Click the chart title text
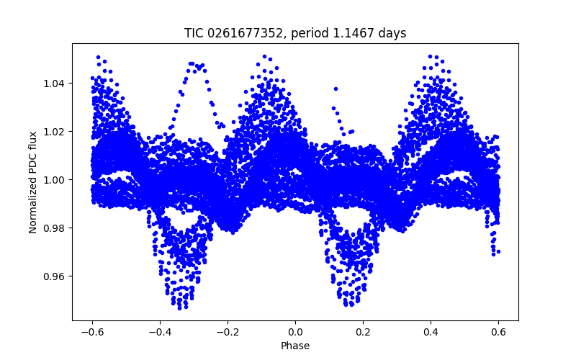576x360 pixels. pos(295,33)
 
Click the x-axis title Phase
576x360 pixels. pos(295,346)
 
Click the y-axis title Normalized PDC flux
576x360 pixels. pos(33,181)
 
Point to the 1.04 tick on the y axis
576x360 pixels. pos(55,84)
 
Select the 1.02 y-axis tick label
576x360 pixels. pos(55,132)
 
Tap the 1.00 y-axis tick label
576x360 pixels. pos(55,180)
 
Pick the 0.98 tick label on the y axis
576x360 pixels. pos(55,228)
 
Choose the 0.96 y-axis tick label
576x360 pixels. pos(55,276)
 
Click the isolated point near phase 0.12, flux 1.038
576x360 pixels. pos(336,89)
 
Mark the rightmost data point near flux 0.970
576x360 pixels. pos(498,251)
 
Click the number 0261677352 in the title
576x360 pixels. pos(241,33)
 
